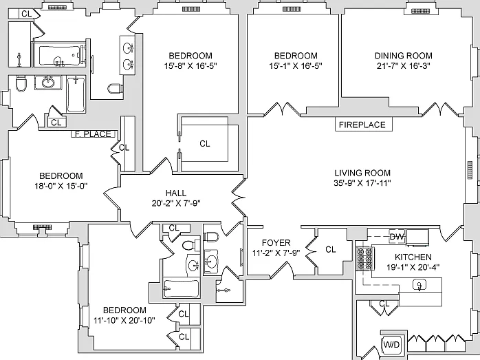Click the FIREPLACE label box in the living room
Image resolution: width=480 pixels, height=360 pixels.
(x=364, y=125)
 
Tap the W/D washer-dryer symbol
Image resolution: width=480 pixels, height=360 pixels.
(x=391, y=345)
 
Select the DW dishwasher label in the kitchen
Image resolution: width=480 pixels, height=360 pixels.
(x=397, y=237)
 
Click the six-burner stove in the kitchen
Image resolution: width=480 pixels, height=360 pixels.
(x=364, y=258)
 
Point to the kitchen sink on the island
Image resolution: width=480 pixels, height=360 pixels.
(x=419, y=285)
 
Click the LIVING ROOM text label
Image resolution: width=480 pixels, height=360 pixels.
(x=362, y=173)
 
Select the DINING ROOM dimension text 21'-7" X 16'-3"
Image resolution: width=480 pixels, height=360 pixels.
(x=404, y=65)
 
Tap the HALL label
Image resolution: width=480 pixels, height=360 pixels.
(x=176, y=193)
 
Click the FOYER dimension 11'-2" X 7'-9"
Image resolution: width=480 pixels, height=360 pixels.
(x=276, y=253)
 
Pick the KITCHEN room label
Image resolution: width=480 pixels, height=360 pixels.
(x=413, y=257)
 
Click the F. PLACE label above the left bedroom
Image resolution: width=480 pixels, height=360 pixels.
(x=94, y=134)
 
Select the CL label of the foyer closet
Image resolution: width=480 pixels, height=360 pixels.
(x=331, y=249)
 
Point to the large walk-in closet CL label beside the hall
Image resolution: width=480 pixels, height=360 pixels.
(x=205, y=143)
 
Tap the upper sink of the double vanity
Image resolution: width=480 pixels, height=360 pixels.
(x=129, y=47)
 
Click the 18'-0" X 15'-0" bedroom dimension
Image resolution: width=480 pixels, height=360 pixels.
(x=61, y=186)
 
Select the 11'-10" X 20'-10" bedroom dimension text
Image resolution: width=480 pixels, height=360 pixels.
(x=124, y=321)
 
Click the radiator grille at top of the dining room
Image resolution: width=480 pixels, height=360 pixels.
(x=418, y=11)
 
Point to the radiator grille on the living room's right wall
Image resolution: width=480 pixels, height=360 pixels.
(x=470, y=169)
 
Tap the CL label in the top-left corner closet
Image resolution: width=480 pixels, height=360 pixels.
(x=26, y=14)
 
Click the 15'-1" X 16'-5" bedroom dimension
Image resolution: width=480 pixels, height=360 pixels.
(x=296, y=65)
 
